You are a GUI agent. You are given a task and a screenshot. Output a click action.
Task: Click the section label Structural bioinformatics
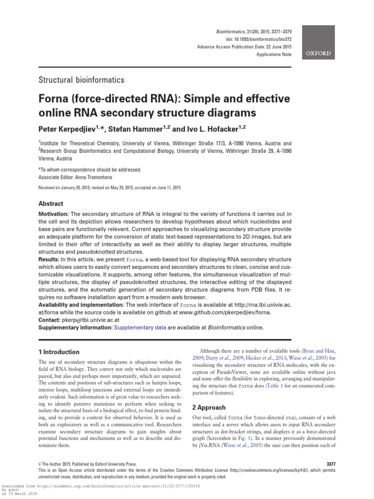81,80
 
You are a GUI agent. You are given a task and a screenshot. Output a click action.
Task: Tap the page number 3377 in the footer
328,464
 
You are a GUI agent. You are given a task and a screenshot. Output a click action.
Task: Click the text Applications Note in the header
274,55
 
